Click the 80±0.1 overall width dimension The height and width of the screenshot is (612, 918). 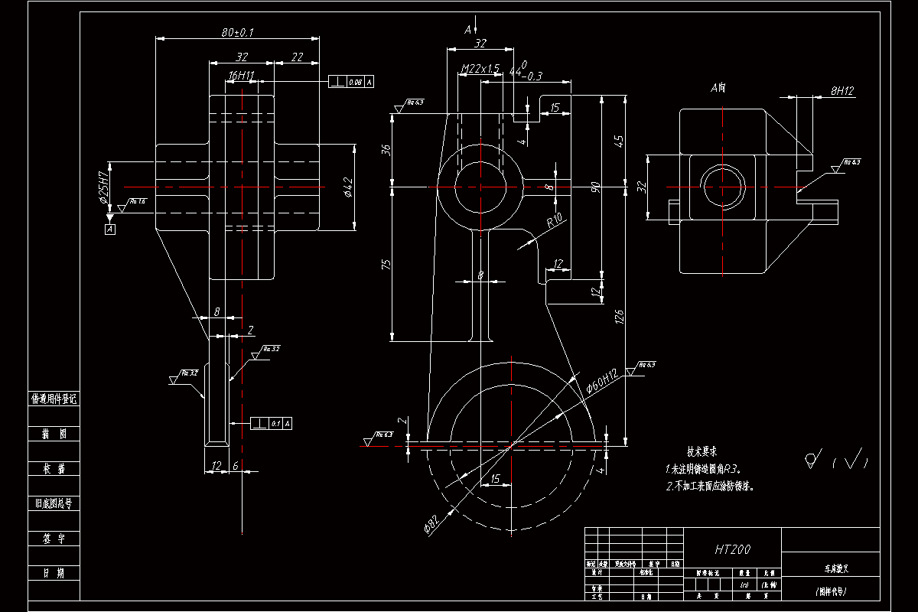(237, 33)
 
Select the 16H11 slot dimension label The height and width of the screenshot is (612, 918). (241, 76)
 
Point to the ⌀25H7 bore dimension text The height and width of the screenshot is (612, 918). (103, 187)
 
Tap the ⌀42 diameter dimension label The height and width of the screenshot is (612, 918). (348, 187)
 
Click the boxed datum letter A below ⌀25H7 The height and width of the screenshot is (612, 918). (110, 228)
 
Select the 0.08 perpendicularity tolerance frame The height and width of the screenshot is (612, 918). (351, 81)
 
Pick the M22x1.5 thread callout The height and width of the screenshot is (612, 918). (480, 69)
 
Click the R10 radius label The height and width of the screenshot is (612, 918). (555, 222)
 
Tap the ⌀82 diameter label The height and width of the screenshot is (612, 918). (431, 524)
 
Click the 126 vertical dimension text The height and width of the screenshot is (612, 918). (619, 317)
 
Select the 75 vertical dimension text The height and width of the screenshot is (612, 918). (386, 264)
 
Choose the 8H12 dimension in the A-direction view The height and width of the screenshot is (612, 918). (841, 90)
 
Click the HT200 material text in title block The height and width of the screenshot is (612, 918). (732, 549)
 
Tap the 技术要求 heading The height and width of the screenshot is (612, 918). (701, 452)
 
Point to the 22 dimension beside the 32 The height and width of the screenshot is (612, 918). (297, 57)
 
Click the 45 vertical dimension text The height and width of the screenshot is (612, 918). (619, 142)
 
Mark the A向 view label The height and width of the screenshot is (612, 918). (718, 88)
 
